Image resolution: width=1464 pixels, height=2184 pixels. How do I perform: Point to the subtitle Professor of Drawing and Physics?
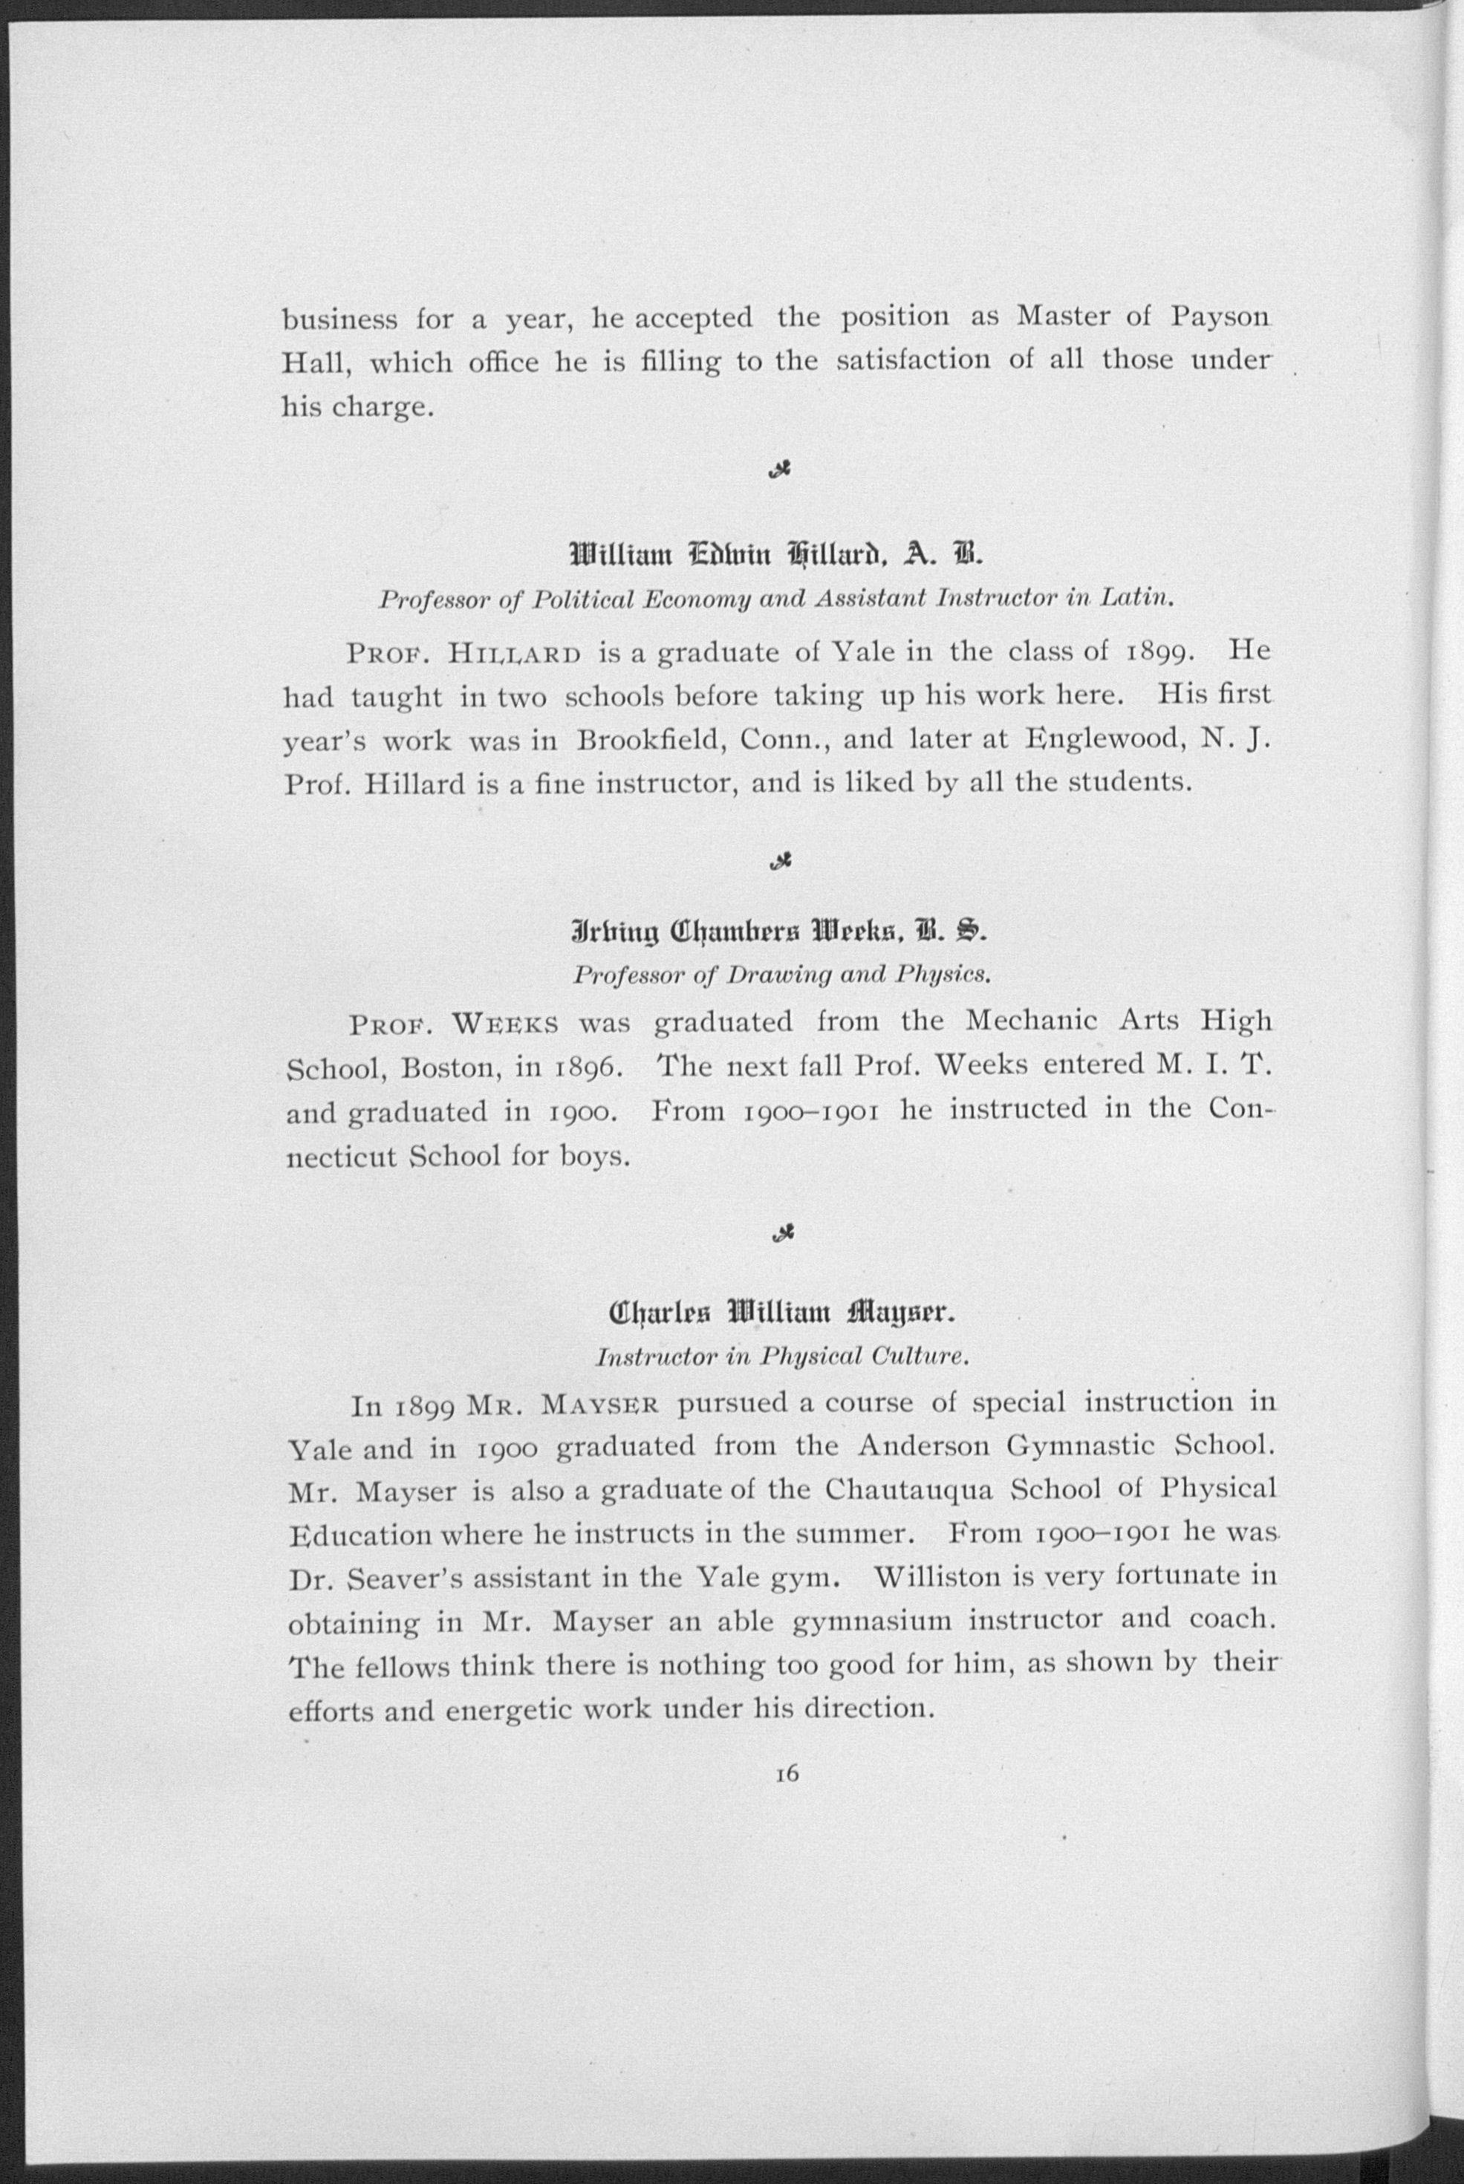(781, 976)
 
